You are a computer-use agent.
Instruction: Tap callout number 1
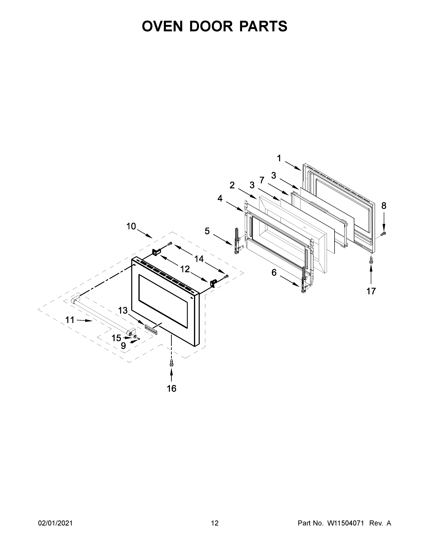pos(279,158)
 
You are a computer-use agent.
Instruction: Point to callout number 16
pos(172,389)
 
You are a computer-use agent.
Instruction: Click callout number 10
pos(131,226)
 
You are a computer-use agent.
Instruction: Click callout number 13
pos(123,310)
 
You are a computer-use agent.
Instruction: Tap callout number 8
pos(384,206)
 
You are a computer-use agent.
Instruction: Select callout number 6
pos(274,273)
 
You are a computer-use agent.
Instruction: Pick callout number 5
pos(207,231)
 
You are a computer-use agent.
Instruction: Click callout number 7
pos(262,180)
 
